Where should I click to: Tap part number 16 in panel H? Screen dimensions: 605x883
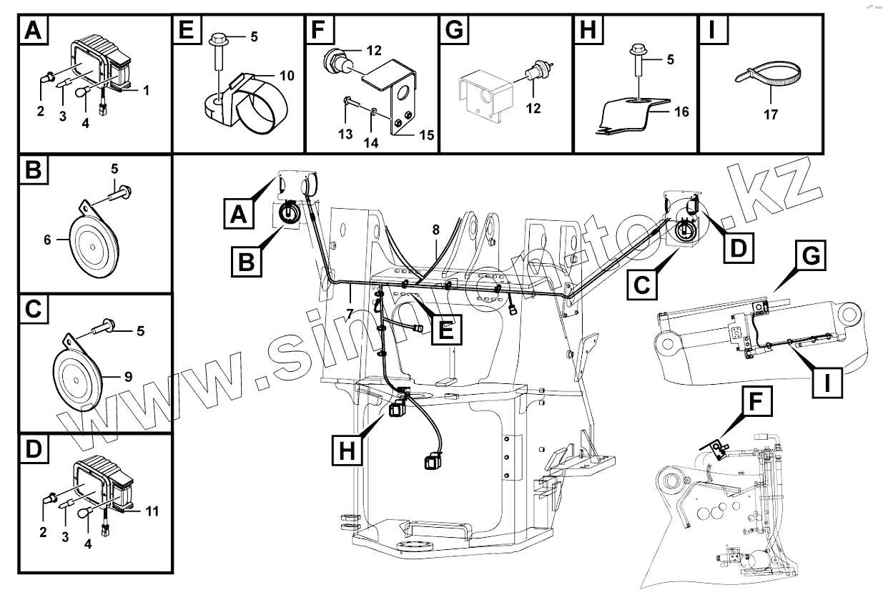click(x=681, y=112)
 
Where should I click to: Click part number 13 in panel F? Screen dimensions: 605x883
click(x=345, y=134)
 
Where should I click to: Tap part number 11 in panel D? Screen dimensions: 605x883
click(x=151, y=511)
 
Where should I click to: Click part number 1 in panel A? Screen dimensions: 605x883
click(x=146, y=91)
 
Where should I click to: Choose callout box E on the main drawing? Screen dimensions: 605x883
click(x=443, y=330)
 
